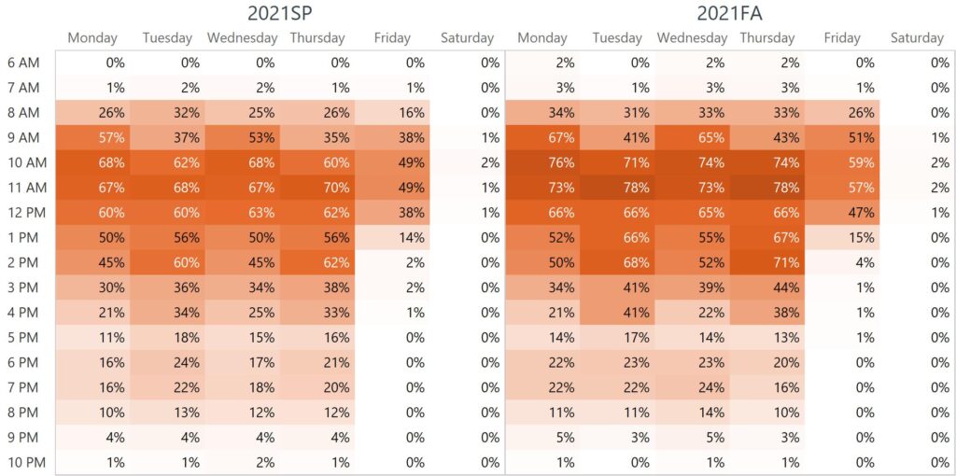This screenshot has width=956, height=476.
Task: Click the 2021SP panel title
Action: point(279,13)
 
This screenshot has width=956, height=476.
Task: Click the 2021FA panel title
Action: point(729,13)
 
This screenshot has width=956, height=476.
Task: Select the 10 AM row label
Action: point(23,162)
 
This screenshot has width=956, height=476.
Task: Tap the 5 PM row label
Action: point(23,337)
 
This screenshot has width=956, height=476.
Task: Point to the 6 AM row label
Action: point(23,63)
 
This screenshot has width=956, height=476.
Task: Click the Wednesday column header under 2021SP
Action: point(242,38)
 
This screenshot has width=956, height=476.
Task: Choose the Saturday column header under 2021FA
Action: point(917,38)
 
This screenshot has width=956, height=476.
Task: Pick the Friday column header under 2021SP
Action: point(392,38)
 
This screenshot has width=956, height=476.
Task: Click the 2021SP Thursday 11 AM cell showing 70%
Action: point(317,188)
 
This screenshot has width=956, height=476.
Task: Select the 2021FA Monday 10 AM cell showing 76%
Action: point(542,162)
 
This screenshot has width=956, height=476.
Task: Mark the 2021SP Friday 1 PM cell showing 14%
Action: point(392,237)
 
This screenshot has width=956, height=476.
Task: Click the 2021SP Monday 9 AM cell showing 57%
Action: point(92,137)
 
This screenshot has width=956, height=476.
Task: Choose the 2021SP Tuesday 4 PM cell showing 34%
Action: point(167,312)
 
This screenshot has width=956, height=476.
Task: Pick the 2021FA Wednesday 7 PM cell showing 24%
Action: point(692,386)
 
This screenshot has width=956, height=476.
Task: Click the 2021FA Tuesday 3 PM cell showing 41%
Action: point(617,287)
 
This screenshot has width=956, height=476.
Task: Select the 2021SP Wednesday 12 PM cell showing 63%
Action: point(242,212)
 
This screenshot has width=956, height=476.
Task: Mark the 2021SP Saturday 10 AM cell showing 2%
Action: point(467,162)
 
